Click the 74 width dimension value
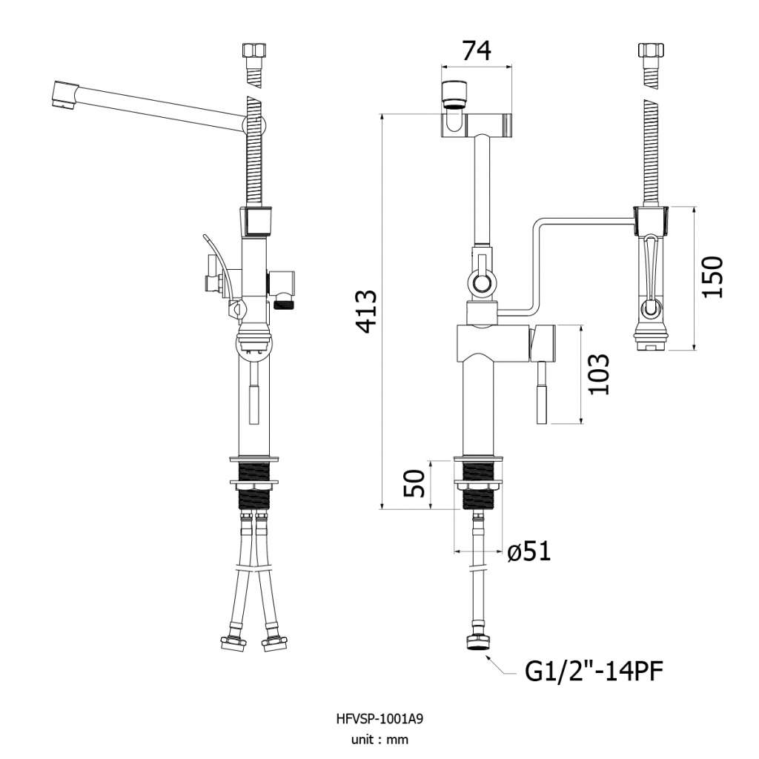[477, 50]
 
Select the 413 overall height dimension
[365, 311]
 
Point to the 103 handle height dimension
[598, 374]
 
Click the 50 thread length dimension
[414, 483]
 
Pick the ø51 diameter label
[529, 551]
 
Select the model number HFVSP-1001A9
[379, 719]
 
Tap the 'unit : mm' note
[379, 740]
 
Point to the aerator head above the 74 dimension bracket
[455, 94]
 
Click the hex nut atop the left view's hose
[253, 50]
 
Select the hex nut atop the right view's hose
[651, 50]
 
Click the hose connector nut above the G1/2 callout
[477, 642]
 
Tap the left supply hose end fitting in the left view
[233, 643]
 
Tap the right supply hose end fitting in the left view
[274, 643]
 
